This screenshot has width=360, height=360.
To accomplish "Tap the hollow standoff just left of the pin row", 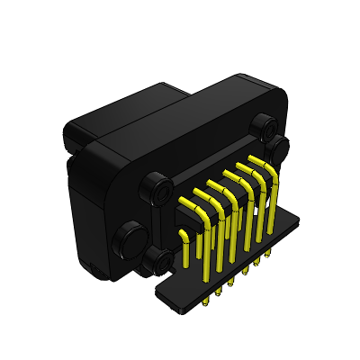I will [x=162, y=191].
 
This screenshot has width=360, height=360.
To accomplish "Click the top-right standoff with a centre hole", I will [x=263, y=124].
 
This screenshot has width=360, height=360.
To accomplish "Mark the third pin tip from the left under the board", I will [x=231, y=283].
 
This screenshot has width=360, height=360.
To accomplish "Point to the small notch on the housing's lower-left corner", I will [x=90, y=266].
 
